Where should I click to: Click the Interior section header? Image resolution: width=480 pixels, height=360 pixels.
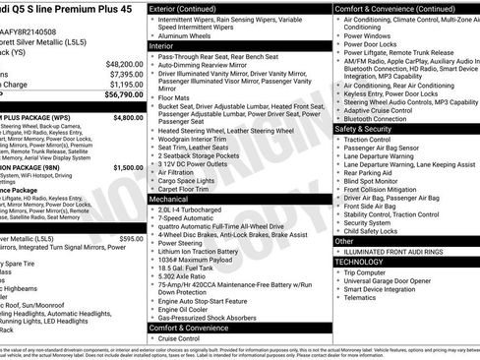tap(162, 46)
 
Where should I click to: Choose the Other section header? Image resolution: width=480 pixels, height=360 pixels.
tap(344, 241)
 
